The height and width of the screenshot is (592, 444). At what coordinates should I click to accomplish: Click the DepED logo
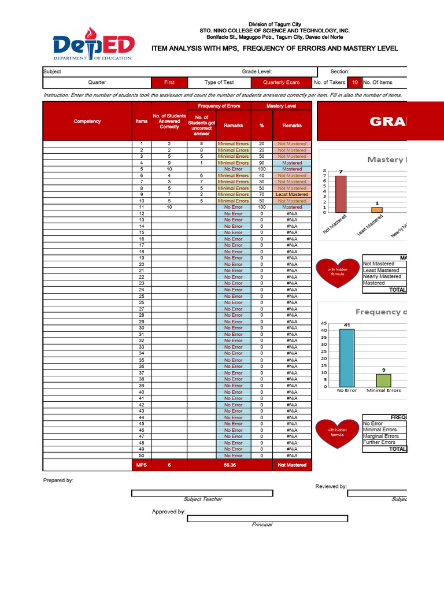[93, 45]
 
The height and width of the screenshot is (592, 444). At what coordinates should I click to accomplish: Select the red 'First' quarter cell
[169, 83]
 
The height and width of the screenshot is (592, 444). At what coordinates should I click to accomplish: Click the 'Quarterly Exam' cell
[281, 83]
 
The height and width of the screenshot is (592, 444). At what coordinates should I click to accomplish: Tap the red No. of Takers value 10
[354, 83]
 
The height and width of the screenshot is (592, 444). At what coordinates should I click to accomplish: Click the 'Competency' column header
[87, 121]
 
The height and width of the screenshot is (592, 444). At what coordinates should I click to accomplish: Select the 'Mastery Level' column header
[281, 106]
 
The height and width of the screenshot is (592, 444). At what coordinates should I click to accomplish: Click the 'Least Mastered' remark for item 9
[292, 195]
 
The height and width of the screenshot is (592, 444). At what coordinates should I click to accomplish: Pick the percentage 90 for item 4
[262, 163]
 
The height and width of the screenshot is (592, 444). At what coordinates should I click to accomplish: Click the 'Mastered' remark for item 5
[292, 169]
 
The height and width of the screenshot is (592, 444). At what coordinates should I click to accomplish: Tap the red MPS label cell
[142, 465]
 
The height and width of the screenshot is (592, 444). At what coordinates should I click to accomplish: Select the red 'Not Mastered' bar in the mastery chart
[341, 194]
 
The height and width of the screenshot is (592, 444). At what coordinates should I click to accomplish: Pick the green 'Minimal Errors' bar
[383, 380]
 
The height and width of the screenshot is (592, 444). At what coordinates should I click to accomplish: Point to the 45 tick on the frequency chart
[324, 323]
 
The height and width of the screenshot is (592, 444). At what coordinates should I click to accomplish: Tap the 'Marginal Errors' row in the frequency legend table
[381, 436]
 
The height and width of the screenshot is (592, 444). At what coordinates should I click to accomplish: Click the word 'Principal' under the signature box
[261, 524]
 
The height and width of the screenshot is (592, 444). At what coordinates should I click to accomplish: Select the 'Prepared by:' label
[58, 480]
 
